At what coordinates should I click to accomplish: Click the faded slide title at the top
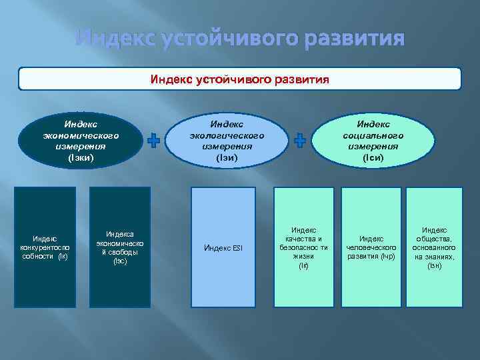[239, 38]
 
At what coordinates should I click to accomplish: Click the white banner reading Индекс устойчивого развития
[239, 79]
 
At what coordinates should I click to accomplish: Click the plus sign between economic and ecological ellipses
[154, 140]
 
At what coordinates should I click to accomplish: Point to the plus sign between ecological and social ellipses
[300, 140]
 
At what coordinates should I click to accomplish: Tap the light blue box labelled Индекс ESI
[223, 248]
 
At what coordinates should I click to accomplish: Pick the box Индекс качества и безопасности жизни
[304, 247]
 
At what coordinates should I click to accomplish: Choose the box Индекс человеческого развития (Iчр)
[371, 247]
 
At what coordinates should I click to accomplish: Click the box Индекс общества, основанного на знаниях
[434, 247]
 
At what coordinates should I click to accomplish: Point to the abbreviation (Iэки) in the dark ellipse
[81, 158]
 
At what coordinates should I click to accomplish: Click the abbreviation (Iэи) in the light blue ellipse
[227, 158]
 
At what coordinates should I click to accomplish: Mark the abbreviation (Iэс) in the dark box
[120, 261]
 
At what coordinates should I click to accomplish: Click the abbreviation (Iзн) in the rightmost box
[434, 266]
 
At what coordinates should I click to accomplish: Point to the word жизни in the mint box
[304, 257]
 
